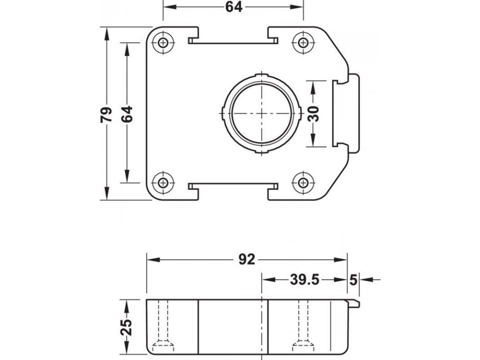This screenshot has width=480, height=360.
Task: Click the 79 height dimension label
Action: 106,114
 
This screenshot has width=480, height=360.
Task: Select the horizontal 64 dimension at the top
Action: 234,7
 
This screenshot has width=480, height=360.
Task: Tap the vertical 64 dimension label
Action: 127,114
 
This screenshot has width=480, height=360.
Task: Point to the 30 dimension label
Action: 314,114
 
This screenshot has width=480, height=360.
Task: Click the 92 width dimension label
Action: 247,260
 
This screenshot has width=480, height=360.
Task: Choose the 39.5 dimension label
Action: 305,279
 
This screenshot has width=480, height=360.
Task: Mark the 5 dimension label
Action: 353,279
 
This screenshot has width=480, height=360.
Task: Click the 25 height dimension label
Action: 126,327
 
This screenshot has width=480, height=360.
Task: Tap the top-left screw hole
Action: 163,42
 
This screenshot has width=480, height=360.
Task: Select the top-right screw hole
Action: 303,42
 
